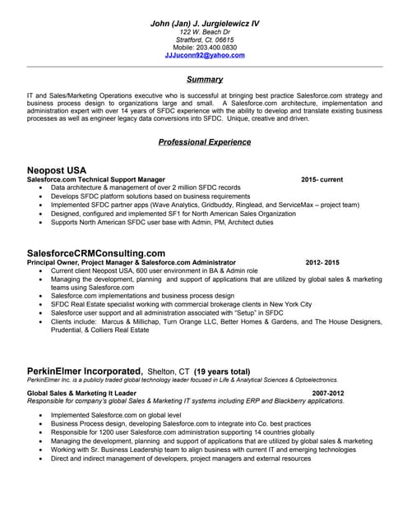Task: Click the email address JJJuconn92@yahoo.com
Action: [x=205, y=55]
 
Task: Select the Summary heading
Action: [x=205, y=80]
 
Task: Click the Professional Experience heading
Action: [x=205, y=142]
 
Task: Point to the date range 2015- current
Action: [x=321, y=179]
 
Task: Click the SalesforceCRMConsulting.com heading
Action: [x=96, y=253]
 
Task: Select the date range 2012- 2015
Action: [x=321, y=262]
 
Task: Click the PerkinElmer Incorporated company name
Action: [x=86, y=371]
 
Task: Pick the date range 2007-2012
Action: [x=328, y=393]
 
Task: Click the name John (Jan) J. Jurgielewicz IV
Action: [x=205, y=24]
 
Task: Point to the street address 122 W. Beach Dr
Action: [x=205, y=31]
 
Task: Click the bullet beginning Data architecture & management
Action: [x=146, y=187]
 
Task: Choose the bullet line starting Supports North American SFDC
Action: [x=162, y=222]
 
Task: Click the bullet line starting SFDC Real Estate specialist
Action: [x=181, y=304]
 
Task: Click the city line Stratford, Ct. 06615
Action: [x=205, y=39]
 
